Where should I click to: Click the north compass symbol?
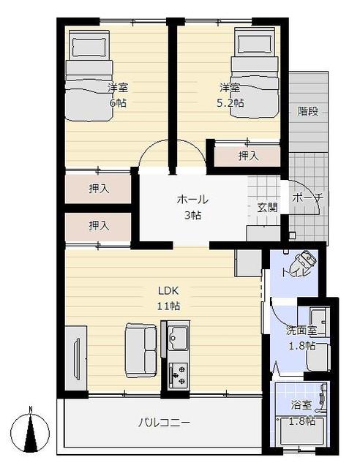coord(30,429)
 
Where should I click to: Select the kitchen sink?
coord(178,337)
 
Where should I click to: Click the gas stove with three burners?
coord(178,375)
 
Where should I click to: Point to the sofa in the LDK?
coord(141,350)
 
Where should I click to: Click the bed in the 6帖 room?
coord(89,75)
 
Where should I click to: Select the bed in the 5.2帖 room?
coord(255,72)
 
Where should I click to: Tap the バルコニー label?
coord(164,423)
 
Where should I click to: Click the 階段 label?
coord(308,111)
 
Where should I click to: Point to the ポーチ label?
coord(307,197)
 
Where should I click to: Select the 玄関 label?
coord(267,208)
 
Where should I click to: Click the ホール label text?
coord(192,199)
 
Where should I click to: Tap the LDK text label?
coord(168,290)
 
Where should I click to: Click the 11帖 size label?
coord(168,306)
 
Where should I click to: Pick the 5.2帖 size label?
coord(230,103)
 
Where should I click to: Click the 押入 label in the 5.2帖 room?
coord(249,156)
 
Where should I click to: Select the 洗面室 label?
coord(301,331)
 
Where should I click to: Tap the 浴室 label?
coord(301,405)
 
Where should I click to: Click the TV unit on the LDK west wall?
coord(76,358)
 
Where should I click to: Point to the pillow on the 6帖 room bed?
coord(89,47)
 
